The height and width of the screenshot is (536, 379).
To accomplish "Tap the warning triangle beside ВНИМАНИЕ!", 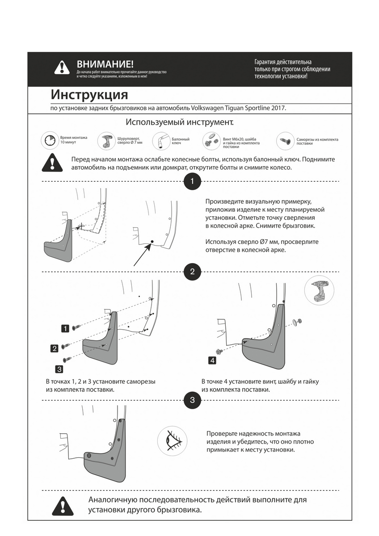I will coord(62,67).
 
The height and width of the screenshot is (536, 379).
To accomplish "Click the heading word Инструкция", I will coord(89,95).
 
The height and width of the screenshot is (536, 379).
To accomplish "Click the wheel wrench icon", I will coord(161,141).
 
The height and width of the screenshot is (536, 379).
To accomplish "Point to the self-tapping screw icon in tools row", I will coord(285,140).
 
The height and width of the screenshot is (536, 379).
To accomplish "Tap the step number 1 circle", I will coord(192,181).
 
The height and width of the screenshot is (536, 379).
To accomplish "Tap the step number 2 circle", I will coord(192,271).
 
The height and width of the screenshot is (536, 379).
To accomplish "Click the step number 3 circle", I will coord(192,400).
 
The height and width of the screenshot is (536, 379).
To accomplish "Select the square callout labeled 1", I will coord(65,328).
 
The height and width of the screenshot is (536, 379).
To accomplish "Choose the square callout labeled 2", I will coord(55,348).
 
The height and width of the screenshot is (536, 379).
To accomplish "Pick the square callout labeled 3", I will coord(59,368).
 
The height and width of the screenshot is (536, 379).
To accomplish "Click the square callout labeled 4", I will coord(212,360).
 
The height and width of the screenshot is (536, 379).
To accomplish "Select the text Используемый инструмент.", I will coord(180,122).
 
